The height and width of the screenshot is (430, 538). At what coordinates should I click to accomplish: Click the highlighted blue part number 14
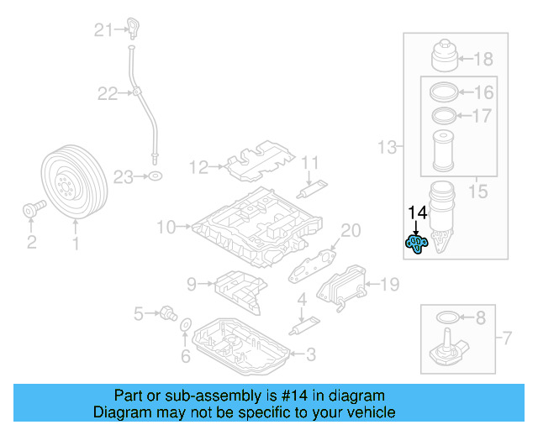pyautogui.click(x=416, y=243)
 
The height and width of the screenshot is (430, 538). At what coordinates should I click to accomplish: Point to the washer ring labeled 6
pyautogui.click(x=186, y=325)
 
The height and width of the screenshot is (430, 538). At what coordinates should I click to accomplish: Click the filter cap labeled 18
pyautogui.click(x=446, y=55)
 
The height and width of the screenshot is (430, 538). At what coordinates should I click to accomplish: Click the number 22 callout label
pyautogui.click(x=107, y=93)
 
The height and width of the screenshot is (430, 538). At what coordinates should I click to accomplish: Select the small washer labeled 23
pyautogui.click(x=155, y=176)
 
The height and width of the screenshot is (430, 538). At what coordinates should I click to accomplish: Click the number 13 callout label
pyautogui.click(x=386, y=149)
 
